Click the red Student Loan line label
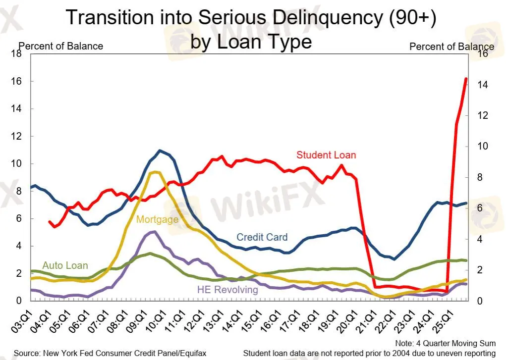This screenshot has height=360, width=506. click(x=326, y=155)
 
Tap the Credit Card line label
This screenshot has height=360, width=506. click(x=262, y=237)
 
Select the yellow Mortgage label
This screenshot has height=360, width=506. click(x=157, y=219)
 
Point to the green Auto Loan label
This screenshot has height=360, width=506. click(x=65, y=265)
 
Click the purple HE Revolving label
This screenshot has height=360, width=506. click(x=227, y=290)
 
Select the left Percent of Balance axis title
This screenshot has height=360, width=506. click(x=60, y=46)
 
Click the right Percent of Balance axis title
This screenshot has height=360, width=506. click(x=451, y=47)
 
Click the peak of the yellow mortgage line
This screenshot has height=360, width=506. click(x=155, y=172)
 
